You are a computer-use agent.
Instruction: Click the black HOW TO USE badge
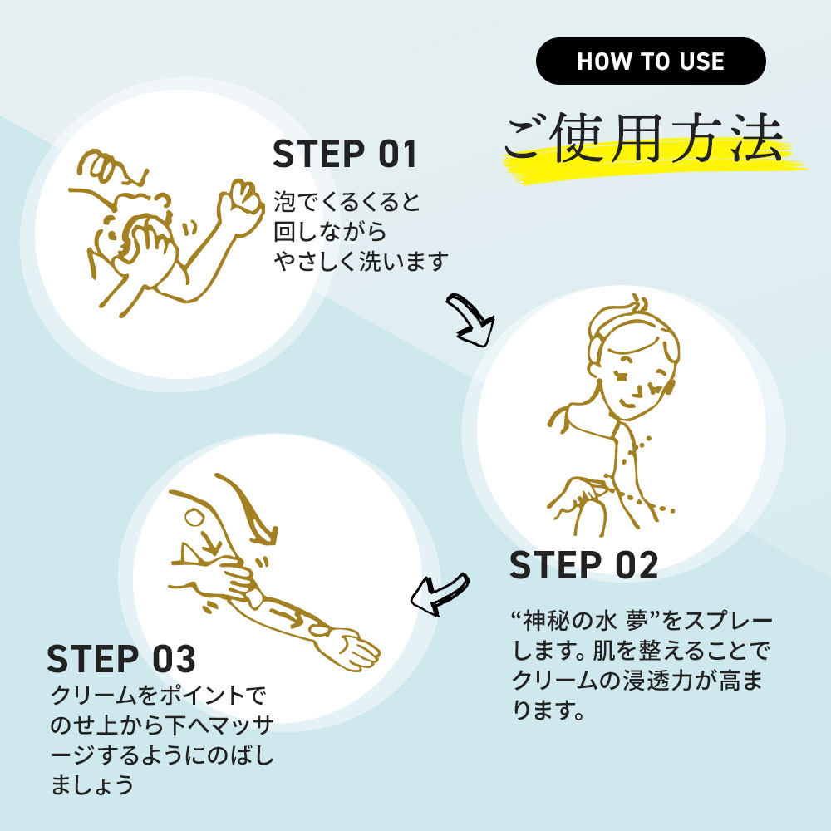pos(651,61)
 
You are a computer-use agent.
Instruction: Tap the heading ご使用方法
pos(643,138)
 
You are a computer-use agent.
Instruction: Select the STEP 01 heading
pos(345,155)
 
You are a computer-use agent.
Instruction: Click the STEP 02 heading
pos(583,565)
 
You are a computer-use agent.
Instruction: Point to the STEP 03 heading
pos(121,659)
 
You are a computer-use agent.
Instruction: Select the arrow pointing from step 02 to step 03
pos(440,594)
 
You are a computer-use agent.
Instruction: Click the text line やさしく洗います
pos(361,261)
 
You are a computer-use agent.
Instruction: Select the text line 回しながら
pos(330,232)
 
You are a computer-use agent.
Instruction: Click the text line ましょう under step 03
pos(91,785)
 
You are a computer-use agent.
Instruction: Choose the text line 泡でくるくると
pos(347,202)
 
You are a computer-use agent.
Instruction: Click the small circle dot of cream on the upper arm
pos(194,517)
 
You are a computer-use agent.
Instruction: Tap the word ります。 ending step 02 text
pos(548,710)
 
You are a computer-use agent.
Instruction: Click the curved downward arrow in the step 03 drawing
pos(249,508)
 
